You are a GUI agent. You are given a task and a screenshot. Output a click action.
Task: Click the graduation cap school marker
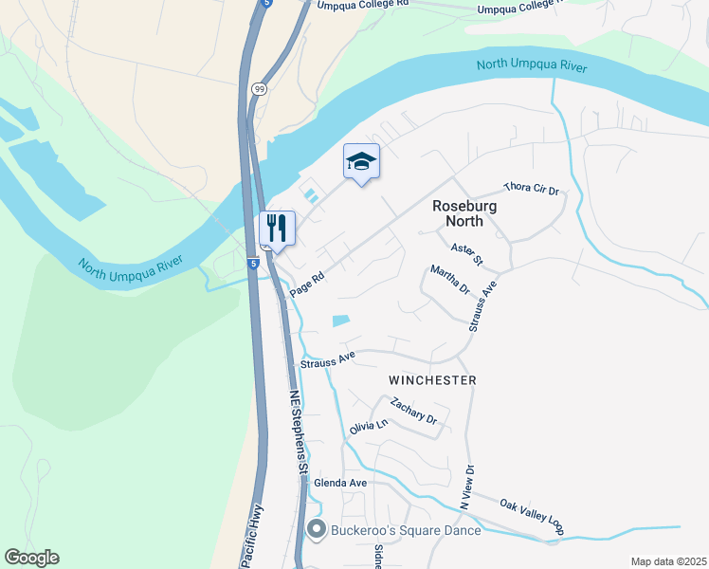[361, 162]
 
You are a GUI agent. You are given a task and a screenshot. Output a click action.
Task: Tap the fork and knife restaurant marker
[277, 229]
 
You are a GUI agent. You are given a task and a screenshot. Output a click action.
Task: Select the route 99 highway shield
[259, 88]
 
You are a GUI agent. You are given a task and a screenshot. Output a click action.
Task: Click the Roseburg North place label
[458, 213]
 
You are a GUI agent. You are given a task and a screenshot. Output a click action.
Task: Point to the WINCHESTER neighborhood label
[432, 379]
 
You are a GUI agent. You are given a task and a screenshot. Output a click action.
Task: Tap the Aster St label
[467, 254]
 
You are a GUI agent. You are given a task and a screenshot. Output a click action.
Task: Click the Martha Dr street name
[449, 281]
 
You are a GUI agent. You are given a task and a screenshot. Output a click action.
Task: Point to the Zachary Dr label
[413, 411]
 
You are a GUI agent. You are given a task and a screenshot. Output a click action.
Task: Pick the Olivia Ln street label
[369, 428]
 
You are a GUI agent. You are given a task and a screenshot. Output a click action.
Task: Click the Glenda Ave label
[340, 483]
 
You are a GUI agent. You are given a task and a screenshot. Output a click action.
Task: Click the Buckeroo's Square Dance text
[405, 530]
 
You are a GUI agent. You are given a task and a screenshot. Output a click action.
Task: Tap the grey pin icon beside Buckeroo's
[317, 530]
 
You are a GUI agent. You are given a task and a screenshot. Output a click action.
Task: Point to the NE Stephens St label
[299, 431]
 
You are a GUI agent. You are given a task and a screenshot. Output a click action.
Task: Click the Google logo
[32, 558]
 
